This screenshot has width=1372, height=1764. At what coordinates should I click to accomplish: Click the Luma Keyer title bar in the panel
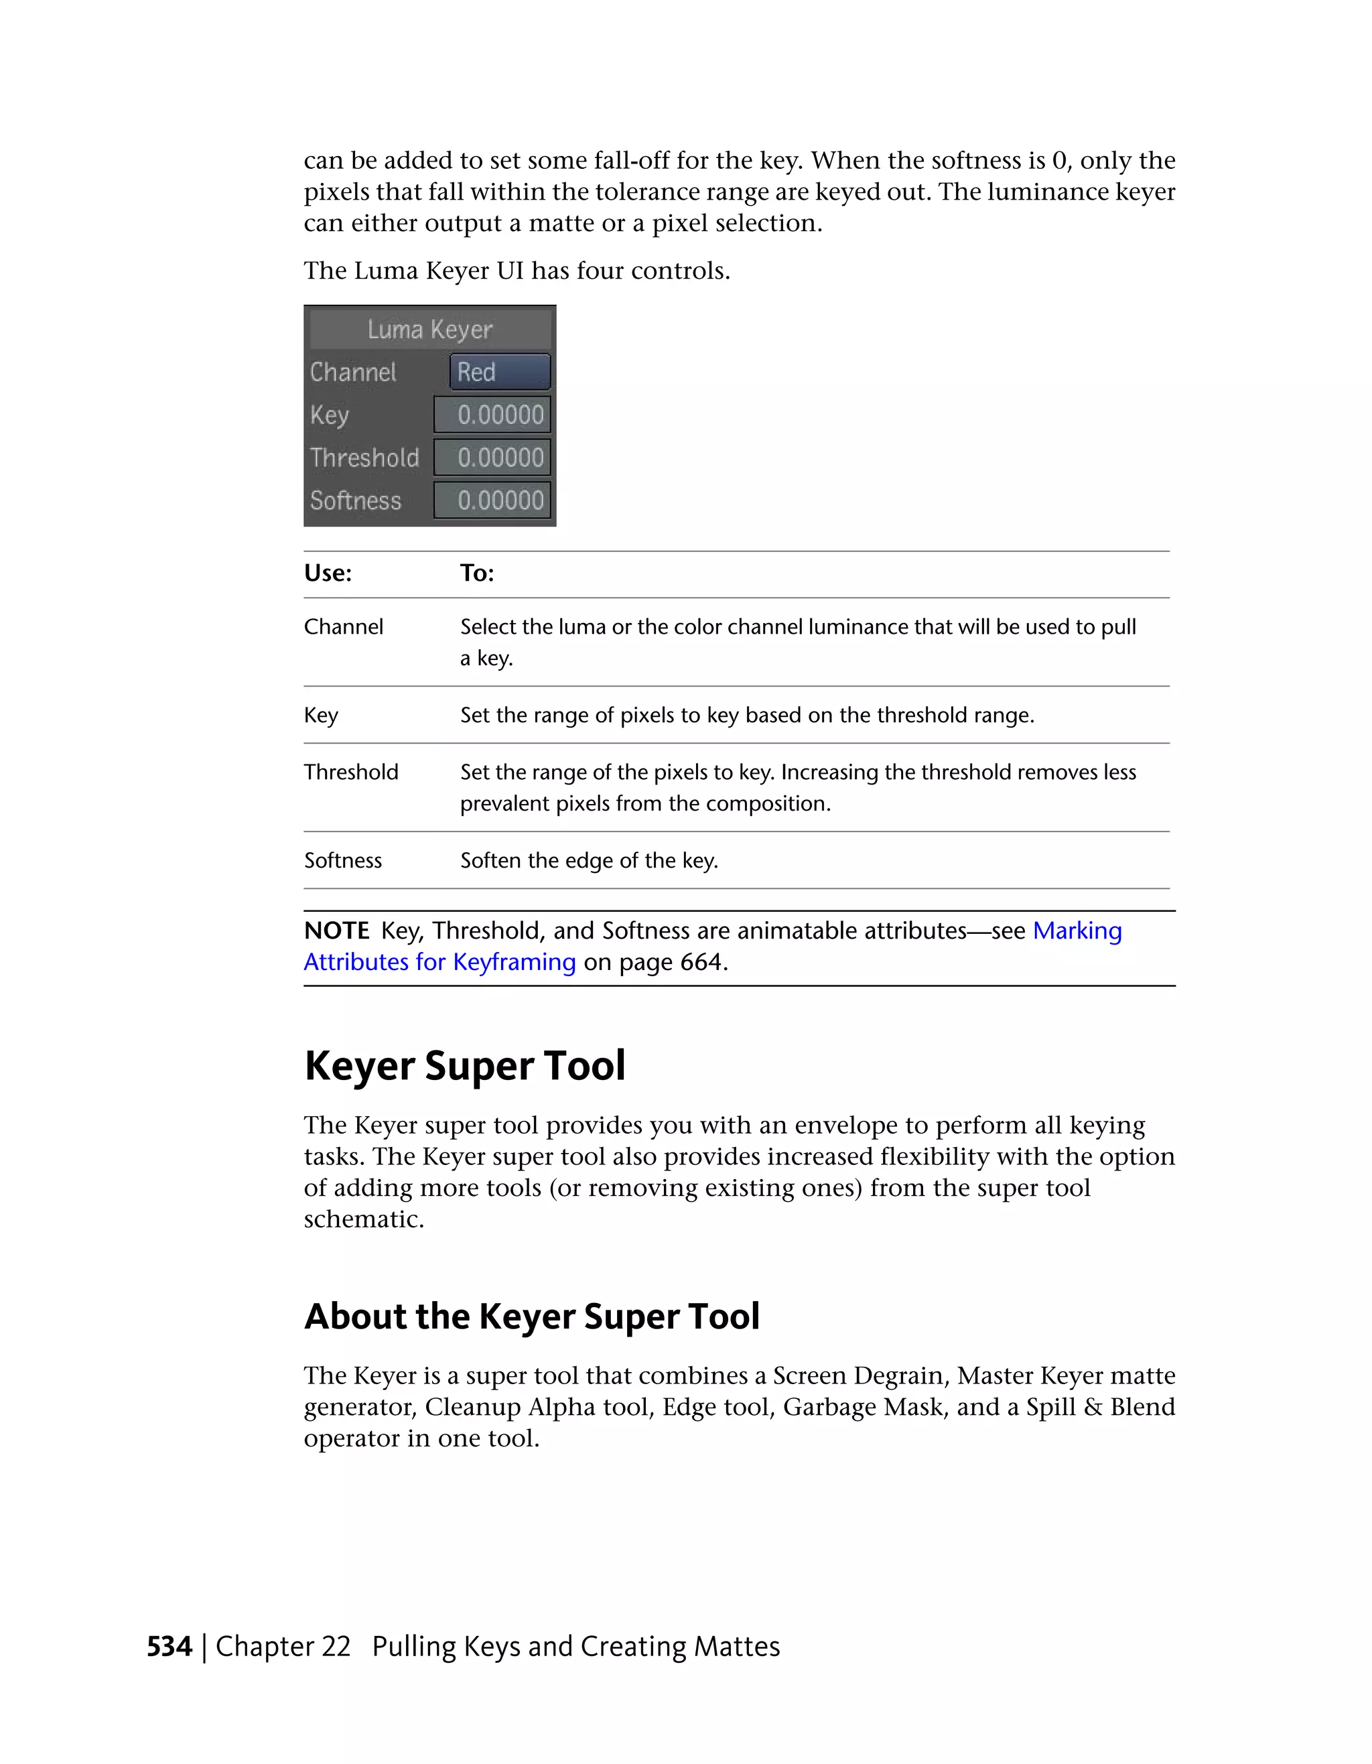[x=429, y=330]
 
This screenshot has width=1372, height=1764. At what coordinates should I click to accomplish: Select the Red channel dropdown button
[x=500, y=372]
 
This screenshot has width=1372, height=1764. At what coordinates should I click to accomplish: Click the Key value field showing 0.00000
[x=492, y=415]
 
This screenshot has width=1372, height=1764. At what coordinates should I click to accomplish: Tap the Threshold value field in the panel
[x=492, y=458]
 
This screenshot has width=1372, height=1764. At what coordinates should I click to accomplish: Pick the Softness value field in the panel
[x=492, y=500]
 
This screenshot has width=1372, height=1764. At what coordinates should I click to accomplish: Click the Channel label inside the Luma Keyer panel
[x=353, y=372]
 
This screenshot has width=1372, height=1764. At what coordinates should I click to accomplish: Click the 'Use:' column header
[x=328, y=573]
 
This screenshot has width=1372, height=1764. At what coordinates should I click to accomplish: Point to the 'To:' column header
[x=476, y=573]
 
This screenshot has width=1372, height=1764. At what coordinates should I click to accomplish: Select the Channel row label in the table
[x=343, y=627]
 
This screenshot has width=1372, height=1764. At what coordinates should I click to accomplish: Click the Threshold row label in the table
[x=351, y=772]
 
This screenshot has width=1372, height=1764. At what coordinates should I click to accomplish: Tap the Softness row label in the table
[x=343, y=861]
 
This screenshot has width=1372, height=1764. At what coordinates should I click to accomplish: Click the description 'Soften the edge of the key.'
[x=589, y=861]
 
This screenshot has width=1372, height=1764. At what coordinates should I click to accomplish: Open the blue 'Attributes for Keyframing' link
[x=439, y=963]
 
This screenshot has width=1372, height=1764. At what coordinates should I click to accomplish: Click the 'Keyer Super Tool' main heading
[x=464, y=1066]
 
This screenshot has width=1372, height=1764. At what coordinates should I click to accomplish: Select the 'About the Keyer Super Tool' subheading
[x=531, y=1316]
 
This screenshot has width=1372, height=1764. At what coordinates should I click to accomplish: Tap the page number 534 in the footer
[x=169, y=1647]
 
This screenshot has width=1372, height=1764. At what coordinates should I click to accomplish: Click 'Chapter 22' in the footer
[x=283, y=1647]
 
